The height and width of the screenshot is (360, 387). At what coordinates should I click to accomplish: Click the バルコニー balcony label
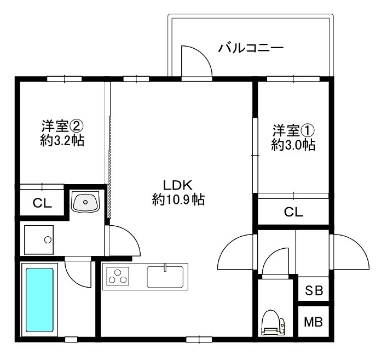point(251,48)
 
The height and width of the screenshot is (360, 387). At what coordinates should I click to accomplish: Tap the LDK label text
point(178,184)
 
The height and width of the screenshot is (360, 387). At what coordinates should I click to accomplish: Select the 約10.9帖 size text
point(178,200)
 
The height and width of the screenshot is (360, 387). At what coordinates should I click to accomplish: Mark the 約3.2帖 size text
point(62,140)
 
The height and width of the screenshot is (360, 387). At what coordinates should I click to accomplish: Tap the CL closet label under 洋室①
point(293,212)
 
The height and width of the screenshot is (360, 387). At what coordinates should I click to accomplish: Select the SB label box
point(314,290)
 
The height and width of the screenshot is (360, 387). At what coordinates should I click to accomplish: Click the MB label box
point(314,322)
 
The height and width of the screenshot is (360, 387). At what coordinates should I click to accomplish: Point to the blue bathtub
point(39,299)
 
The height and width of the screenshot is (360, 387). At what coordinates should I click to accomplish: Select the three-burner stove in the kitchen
point(117,276)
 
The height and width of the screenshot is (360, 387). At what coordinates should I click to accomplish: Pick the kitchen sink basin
point(166,275)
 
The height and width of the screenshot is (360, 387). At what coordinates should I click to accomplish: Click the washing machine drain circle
point(48,239)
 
